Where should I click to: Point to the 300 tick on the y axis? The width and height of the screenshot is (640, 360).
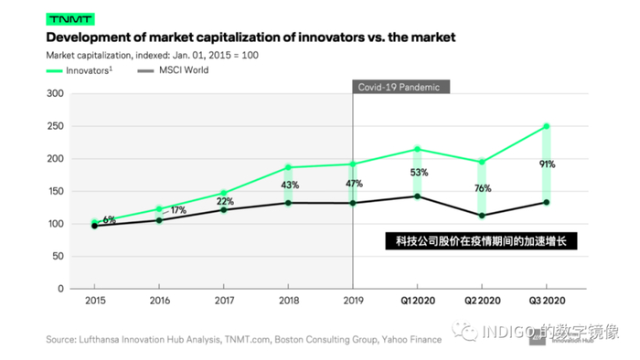tap(54, 94)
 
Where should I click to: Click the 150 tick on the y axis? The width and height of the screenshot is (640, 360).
tap(54, 192)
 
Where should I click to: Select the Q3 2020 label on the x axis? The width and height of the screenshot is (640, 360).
tap(546, 299)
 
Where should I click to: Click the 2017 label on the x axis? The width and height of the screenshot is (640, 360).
tap(224, 299)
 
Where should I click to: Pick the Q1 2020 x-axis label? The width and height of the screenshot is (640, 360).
tap(417, 299)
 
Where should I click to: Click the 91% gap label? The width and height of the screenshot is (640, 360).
tap(547, 164)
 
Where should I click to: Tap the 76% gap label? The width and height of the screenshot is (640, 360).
tap(482, 189)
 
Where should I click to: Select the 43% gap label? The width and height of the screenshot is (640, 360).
tap(289, 185)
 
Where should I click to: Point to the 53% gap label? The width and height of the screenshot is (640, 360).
tap(418, 173)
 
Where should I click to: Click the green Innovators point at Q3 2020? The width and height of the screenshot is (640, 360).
tap(546, 126)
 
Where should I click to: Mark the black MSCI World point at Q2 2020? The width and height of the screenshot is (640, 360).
tap(482, 216)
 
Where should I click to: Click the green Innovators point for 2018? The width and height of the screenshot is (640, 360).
tap(289, 167)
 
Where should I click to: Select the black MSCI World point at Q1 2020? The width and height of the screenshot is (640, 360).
tap(418, 196)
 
